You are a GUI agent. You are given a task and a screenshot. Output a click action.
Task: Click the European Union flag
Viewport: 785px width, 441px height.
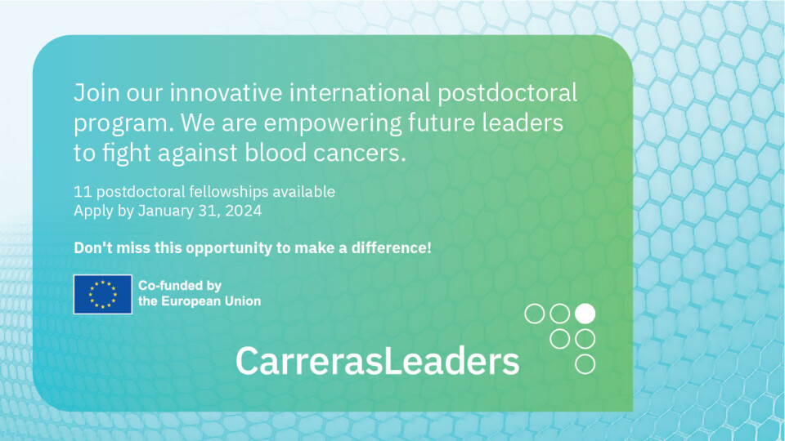103,294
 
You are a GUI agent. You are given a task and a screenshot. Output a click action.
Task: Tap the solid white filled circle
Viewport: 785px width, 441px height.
585,314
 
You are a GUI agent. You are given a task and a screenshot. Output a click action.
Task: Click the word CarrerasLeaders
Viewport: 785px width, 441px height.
378,361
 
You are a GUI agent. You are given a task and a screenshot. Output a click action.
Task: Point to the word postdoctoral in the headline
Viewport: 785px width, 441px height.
507,93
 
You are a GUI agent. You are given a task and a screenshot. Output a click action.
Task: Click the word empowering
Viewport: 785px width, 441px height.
333,124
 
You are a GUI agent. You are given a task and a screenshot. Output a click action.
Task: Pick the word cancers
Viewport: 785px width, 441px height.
360,154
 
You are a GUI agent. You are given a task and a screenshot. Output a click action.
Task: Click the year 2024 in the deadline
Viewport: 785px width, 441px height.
244,211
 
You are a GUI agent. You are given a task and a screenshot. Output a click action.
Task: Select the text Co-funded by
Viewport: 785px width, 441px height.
180,286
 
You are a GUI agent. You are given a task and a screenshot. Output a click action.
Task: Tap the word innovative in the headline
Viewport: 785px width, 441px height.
226,93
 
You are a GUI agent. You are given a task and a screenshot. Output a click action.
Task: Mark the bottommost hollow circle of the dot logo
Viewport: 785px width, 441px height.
585,364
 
